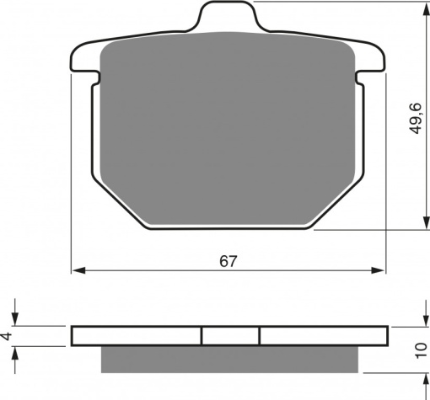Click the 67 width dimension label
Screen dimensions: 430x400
pos(228,261)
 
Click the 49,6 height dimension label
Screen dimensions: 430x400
pos(415,119)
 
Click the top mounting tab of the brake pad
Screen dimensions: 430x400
pos(228,16)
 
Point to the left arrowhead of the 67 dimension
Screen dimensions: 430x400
pos(78,270)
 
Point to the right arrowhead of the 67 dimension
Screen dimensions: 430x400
pos(378,270)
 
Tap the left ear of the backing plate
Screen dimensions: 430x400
pos(85,58)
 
